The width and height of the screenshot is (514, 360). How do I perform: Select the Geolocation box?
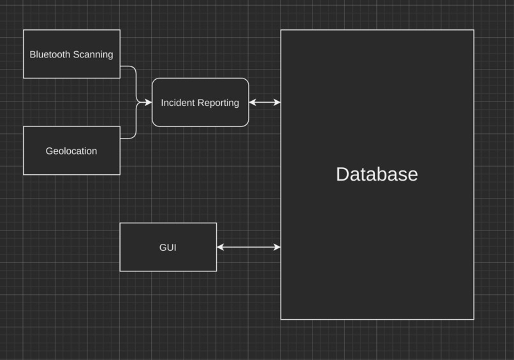pos(71,163)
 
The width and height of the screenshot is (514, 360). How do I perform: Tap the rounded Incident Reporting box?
pos(200,115)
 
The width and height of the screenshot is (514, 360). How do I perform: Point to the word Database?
pos(377,174)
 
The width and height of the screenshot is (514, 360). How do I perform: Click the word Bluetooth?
pos(50,54)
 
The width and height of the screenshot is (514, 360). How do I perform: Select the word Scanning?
pos(92,54)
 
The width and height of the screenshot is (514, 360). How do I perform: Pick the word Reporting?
pos(218,103)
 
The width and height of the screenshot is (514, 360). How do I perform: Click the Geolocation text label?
pos(71,151)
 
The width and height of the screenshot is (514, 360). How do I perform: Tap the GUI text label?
pos(168,248)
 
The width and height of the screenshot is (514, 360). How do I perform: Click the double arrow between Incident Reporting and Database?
pos(265,102)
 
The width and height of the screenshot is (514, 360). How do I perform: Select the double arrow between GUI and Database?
pos(249,247)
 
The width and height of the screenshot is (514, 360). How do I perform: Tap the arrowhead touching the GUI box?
pos(221,247)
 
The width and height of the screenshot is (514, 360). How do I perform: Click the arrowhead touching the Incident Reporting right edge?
pos(253,102)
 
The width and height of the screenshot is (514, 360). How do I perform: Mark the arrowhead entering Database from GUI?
pos(277,247)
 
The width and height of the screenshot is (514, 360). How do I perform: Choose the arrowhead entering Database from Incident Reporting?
pos(277,102)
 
